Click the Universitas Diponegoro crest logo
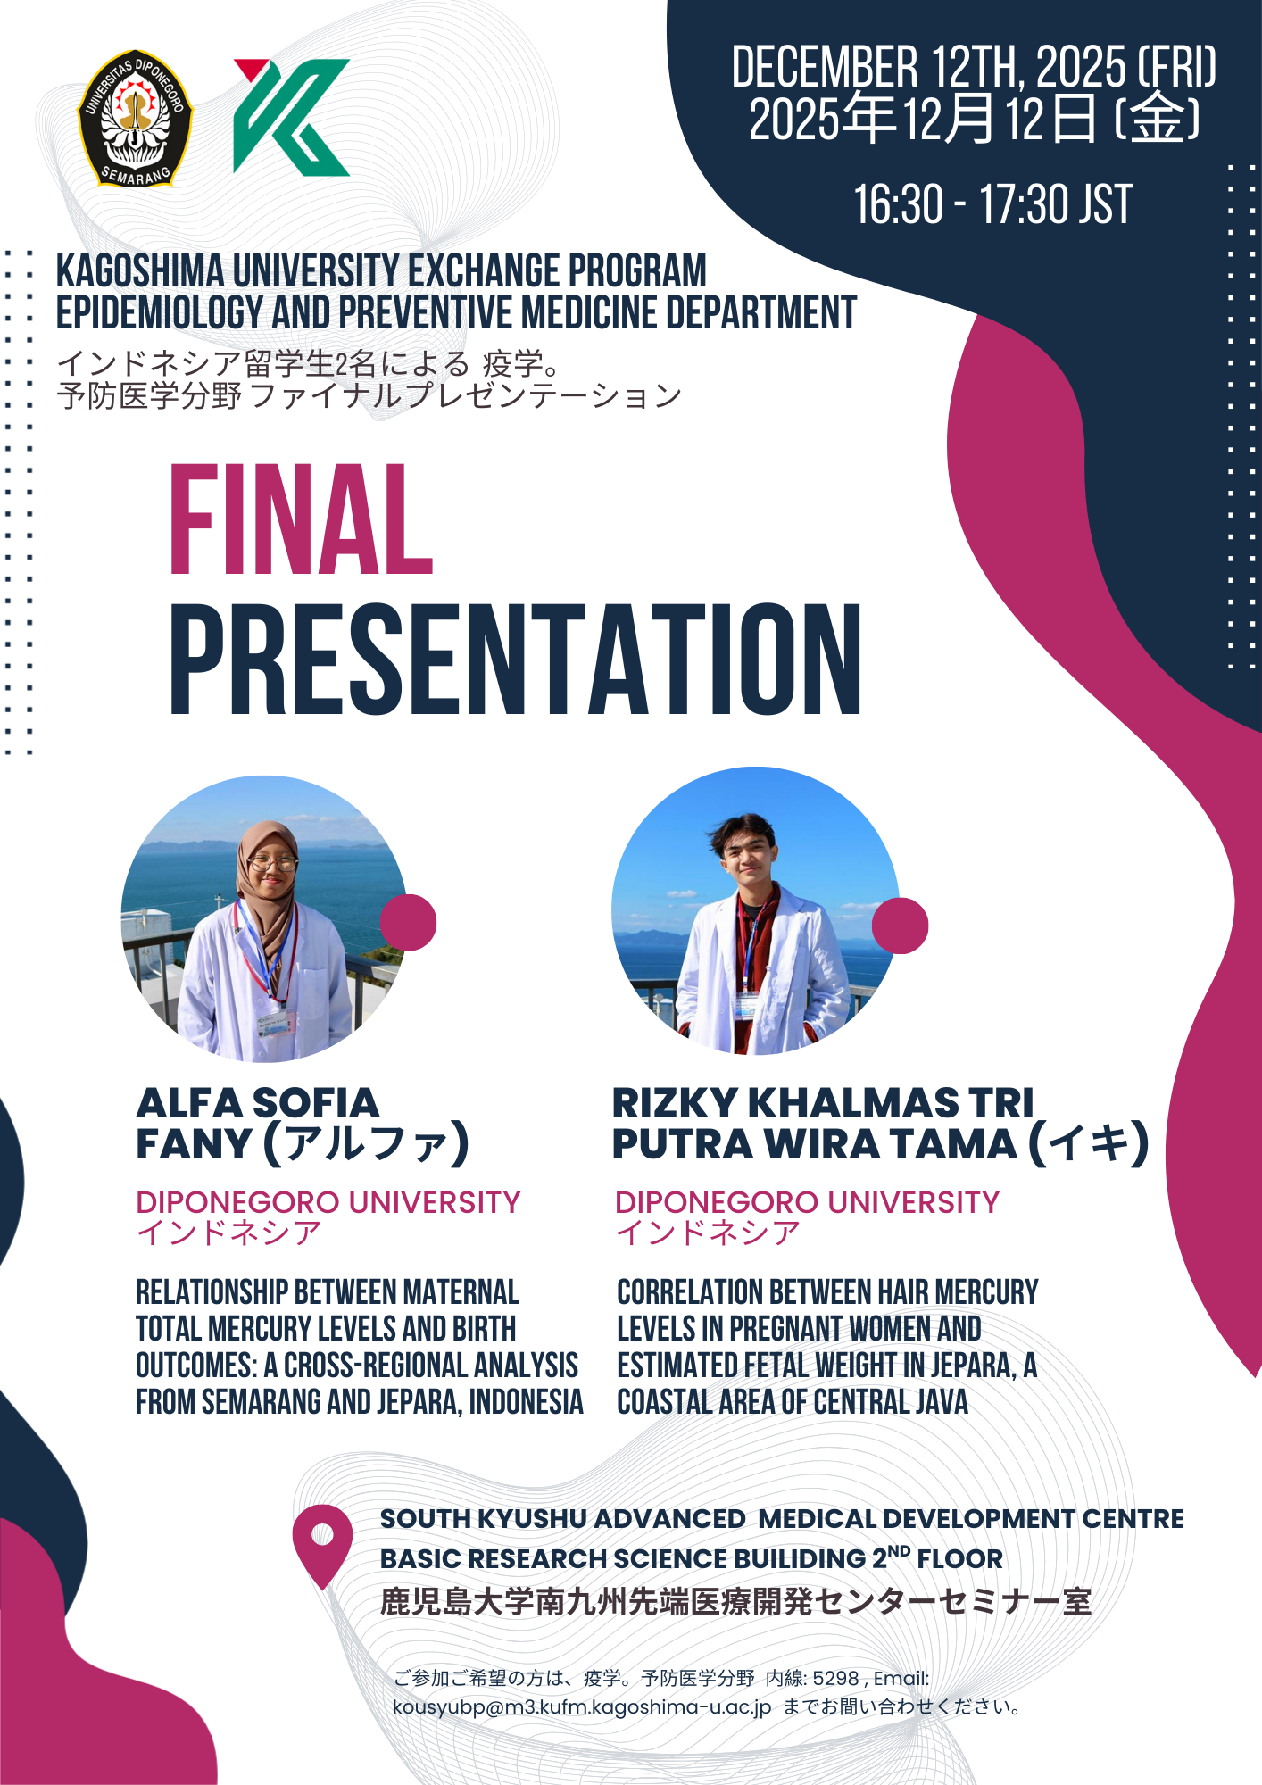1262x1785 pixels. (x=135, y=118)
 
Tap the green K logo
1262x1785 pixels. (x=291, y=117)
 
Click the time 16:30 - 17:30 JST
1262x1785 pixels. (x=992, y=204)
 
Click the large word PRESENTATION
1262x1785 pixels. (x=516, y=660)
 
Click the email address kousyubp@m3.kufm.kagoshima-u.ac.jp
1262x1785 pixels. (x=582, y=1707)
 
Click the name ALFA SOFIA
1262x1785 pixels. (x=257, y=1103)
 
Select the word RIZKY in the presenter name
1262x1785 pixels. (x=675, y=1103)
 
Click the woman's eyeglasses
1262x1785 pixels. (x=272, y=863)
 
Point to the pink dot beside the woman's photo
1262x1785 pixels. (x=408, y=922)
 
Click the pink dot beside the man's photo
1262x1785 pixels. (x=900, y=926)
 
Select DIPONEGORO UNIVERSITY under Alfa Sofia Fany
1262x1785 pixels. (x=328, y=1202)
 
